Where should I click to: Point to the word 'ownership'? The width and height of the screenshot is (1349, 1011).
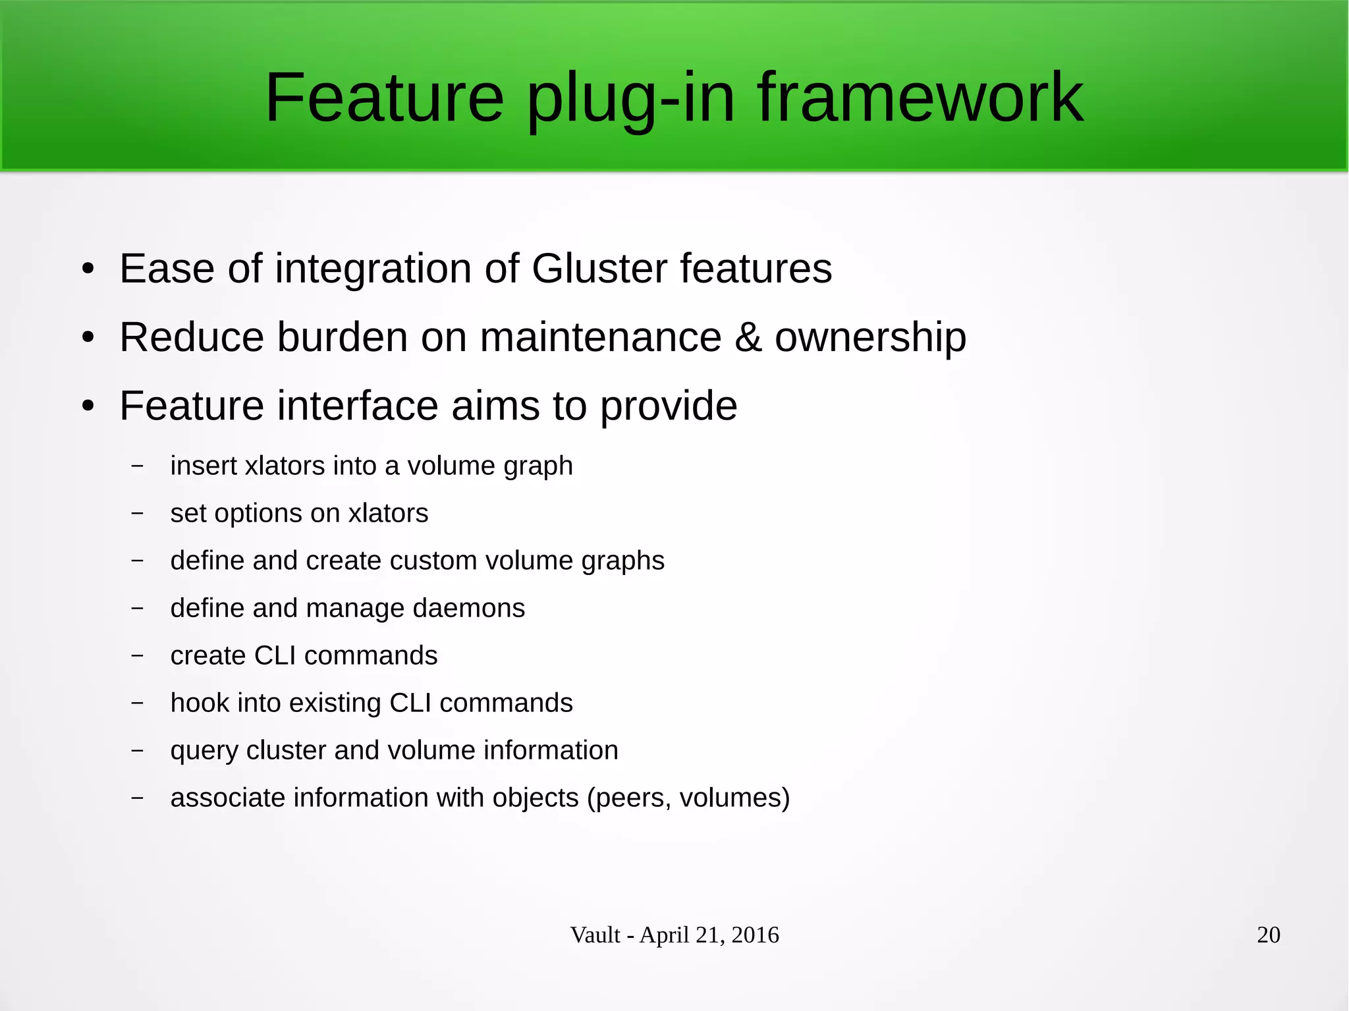(x=870, y=337)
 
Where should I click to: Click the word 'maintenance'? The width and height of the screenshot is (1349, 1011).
(x=600, y=337)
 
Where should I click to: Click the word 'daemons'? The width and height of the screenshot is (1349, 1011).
(x=468, y=609)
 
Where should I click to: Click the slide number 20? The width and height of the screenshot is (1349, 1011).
(x=1268, y=935)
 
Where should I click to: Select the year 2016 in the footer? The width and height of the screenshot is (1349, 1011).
(x=755, y=935)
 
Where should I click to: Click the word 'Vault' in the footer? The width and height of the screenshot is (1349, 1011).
(x=595, y=935)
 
